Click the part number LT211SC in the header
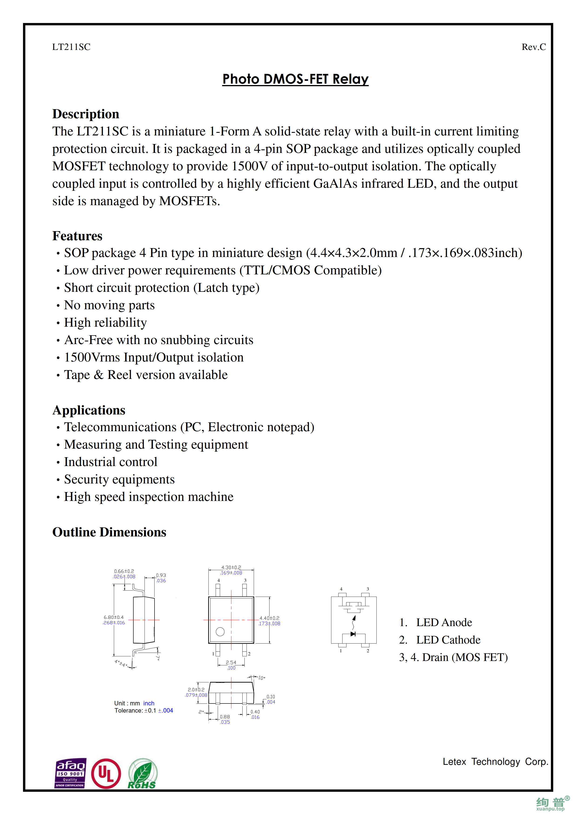tap(71, 47)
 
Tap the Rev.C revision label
tap(533, 47)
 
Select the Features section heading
tap(77, 236)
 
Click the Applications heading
tap(89, 410)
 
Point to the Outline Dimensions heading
tap(109, 532)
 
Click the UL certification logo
tap(106, 774)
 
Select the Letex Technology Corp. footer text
tap(495, 762)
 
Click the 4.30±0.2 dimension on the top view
tap(231, 568)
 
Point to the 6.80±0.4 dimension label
tap(114, 617)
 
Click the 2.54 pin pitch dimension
tap(231, 662)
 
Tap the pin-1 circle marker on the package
tap(220, 631)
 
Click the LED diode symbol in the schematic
tap(353, 634)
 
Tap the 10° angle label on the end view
tap(262, 678)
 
